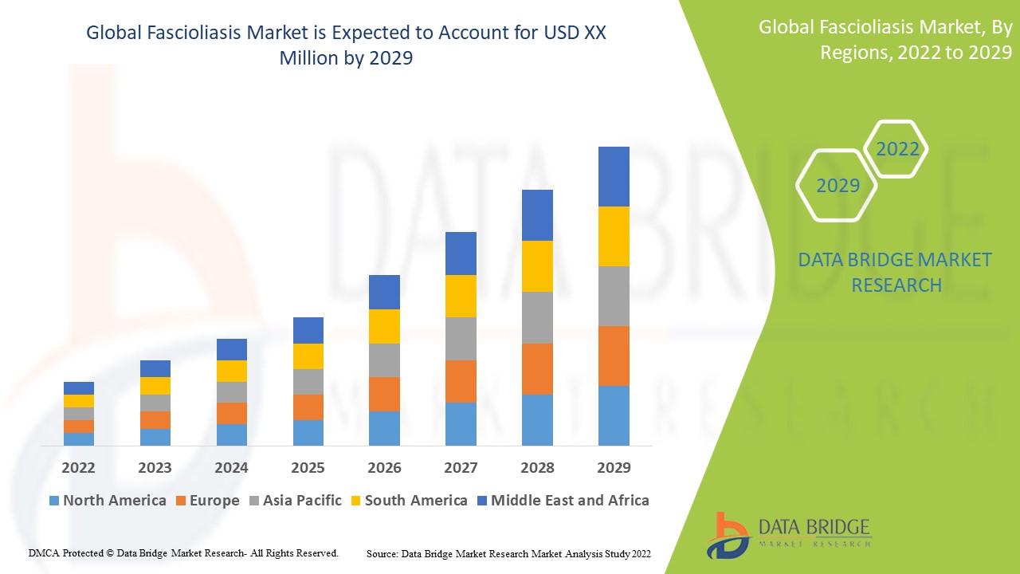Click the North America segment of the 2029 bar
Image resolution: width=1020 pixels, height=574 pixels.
(614, 415)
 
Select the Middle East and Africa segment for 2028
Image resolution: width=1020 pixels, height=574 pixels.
(537, 215)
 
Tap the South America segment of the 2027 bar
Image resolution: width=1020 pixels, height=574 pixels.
(461, 296)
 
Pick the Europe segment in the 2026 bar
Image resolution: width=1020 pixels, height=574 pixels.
(384, 394)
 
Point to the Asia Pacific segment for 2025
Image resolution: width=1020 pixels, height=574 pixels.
(308, 381)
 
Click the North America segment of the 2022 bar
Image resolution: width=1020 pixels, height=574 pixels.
(79, 438)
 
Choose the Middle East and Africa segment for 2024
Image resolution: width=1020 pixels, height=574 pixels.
(232, 349)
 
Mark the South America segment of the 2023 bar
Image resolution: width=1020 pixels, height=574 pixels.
(155, 385)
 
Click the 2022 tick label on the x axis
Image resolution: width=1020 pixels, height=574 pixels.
(79, 467)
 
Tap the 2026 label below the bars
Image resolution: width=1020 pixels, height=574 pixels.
(384, 467)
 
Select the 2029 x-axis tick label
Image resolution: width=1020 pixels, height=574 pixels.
(614, 467)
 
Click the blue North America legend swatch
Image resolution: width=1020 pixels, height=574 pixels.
(54, 501)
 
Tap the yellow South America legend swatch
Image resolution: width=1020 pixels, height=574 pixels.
(355, 501)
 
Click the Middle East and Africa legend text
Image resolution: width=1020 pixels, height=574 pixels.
(570, 501)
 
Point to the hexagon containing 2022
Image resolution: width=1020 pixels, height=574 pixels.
(897, 149)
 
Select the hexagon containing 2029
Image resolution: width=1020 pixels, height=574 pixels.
(838, 186)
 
